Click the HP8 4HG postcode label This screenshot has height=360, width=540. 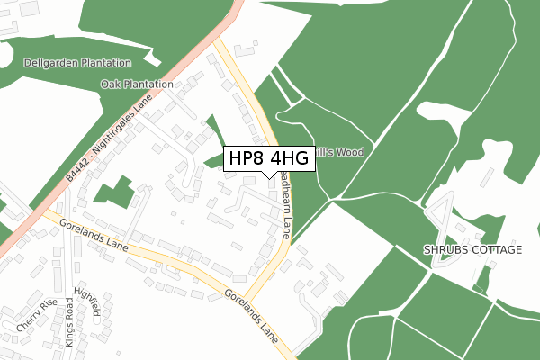click(269, 159)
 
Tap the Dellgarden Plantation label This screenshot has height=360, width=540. click(76, 64)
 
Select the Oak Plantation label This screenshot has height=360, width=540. click(137, 85)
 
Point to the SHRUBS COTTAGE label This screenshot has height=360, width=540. click(472, 249)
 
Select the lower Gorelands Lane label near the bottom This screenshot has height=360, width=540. click(251, 310)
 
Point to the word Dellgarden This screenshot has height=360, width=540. click(53, 64)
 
